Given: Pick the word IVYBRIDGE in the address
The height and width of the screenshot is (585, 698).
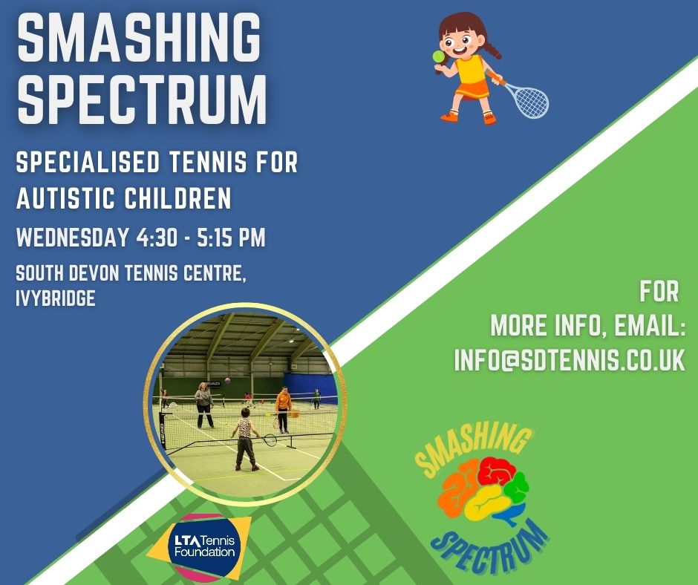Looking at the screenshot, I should click(56, 299).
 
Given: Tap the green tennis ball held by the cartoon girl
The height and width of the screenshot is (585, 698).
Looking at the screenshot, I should click(439, 56).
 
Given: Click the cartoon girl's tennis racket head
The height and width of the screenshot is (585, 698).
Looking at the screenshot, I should click(530, 102).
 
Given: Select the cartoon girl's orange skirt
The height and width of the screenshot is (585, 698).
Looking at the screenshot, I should click(472, 91).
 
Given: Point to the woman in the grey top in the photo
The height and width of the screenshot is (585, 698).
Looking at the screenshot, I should click(203, 404).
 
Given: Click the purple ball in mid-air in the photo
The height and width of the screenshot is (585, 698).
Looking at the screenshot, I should click(226, 381).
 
